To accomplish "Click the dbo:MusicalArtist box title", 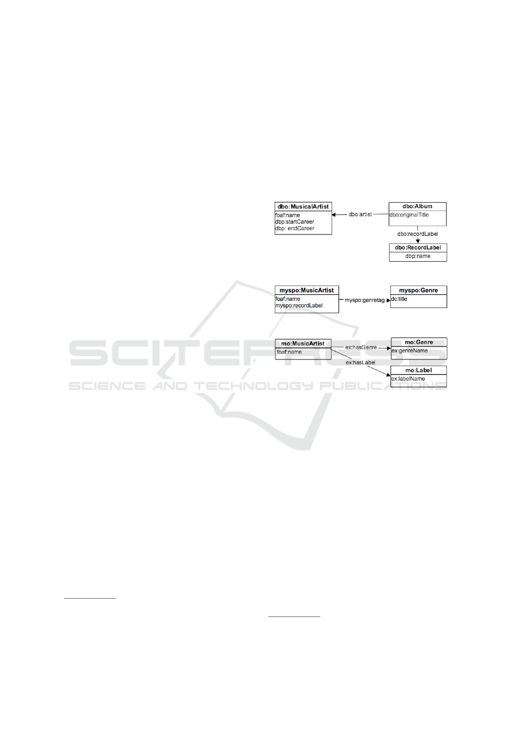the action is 303,207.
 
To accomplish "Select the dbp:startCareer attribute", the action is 294,222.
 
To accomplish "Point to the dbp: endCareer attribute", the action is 295,228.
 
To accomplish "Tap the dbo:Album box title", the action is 417,206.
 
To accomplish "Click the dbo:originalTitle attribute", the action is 409,215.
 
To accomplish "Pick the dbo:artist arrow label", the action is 360,214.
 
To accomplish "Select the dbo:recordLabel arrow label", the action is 418,234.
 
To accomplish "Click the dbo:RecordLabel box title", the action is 418,248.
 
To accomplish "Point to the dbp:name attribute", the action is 418,256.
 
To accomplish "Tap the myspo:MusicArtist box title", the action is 306,290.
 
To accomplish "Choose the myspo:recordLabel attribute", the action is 299,306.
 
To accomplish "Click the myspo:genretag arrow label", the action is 365,300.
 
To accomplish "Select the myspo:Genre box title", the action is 418,290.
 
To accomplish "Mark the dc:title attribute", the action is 399,299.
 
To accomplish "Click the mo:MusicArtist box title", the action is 303,344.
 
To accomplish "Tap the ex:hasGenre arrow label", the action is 361,348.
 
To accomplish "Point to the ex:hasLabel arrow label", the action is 361,362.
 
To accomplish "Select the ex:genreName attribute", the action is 410,351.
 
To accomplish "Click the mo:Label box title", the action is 418,370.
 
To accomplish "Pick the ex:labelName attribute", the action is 408,379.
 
